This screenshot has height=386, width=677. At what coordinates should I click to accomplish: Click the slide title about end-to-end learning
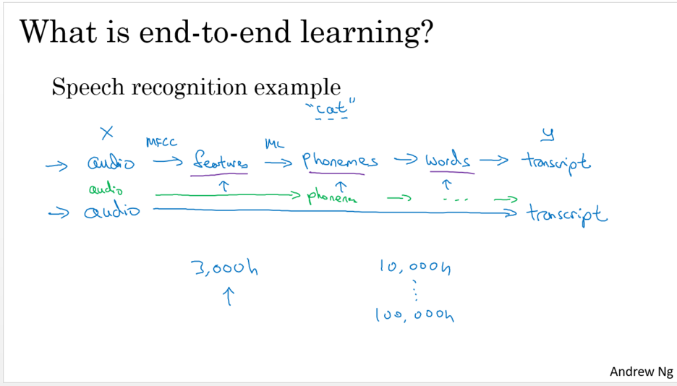pyautogui.click(x=226, y=33)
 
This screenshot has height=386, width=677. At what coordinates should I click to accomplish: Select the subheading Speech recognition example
pyautogui.click(x=196, y=88)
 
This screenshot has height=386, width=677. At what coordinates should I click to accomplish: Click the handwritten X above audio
pyautogui.click(x=108, y=133)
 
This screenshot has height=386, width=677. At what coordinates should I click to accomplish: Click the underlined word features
pyautogui.click(x=220, y=162)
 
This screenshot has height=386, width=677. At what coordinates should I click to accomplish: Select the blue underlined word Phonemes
pyautogui.click(x=340, y=161)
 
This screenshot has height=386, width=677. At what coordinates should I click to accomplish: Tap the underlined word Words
pyautogui.click(x=449, y=161)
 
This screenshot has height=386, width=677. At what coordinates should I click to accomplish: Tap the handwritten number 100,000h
pyautogui.click(x=414, y=314)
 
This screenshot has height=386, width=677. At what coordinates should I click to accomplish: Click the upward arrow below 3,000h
pyautogui.click(x=229, y=296)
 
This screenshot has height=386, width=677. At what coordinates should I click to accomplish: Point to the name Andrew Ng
pyautogui.click(x=641, y=372)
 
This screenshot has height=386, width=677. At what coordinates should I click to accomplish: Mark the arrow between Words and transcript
pyautogui.click(x=494, y=161)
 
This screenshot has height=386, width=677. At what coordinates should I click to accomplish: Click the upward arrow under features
pyautogui.click(x=223, y=184)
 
